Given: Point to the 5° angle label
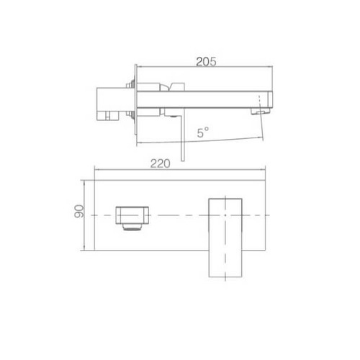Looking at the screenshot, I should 204,132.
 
